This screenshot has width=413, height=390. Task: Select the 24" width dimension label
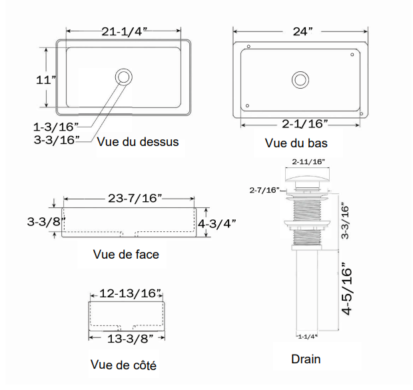301,31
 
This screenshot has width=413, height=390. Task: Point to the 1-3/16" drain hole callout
56,126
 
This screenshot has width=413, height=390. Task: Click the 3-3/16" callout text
56,139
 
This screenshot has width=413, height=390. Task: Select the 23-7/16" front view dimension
130,198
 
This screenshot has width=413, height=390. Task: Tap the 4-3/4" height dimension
217,223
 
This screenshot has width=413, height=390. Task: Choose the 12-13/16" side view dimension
126,293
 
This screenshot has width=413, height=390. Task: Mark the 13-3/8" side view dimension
126,339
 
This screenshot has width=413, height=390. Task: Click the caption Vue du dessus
138,141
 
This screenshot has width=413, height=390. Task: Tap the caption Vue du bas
296,143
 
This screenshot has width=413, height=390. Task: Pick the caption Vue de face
127,254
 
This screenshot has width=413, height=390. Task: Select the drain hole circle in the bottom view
300,80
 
